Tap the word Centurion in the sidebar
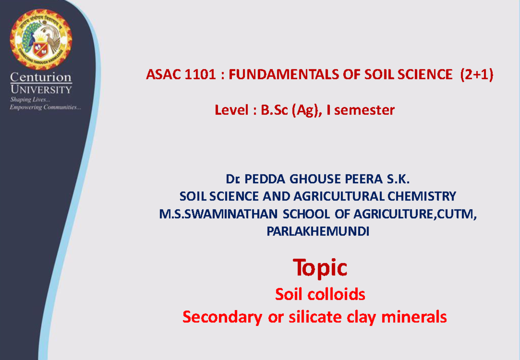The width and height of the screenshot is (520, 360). click(x=41, y=78)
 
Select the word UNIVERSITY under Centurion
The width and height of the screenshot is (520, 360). click(x=41, y=90)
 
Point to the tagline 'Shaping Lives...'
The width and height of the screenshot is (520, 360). click(x=27, y=100)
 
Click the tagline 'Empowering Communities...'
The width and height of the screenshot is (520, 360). click(x=45, y=107)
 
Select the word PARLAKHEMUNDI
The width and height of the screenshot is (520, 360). click(x=318, y=232)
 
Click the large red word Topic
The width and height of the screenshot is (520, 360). click(x=320, y=267)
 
